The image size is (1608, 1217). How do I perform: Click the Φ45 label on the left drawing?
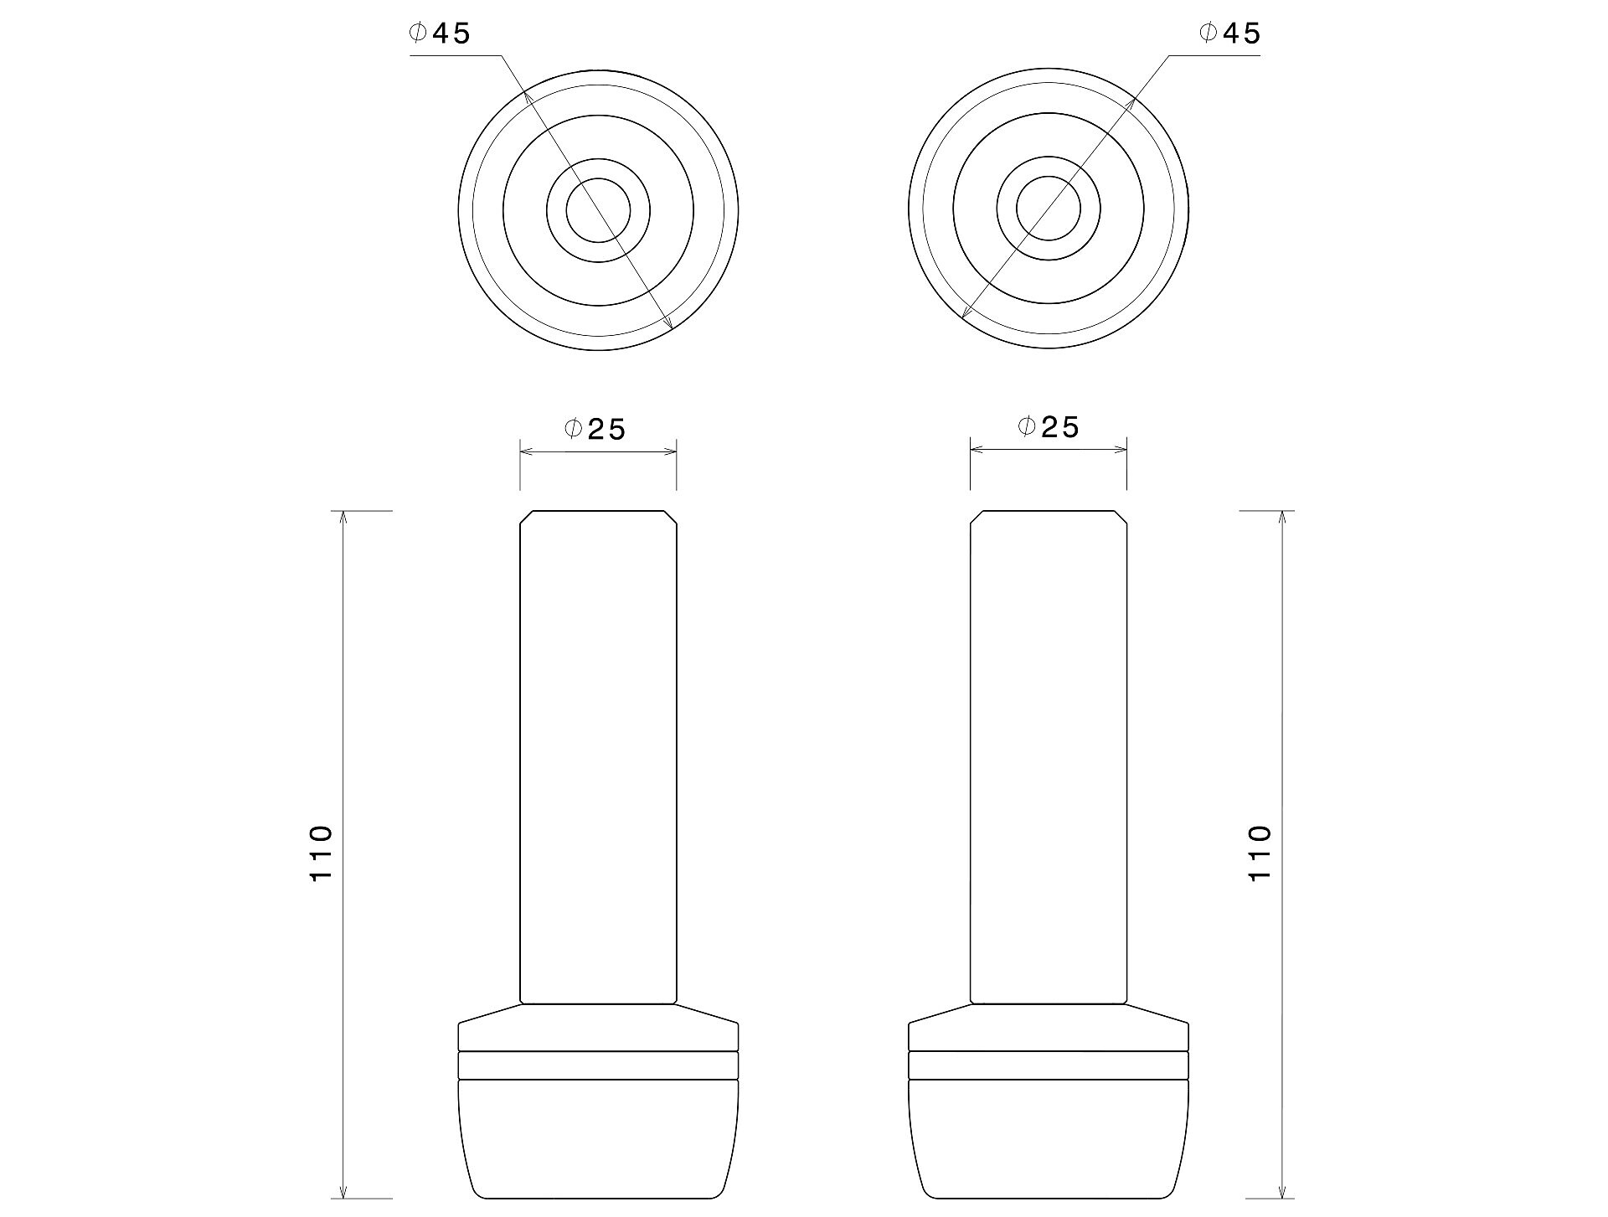pos(440,33)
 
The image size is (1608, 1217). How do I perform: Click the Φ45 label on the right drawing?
pos(1229,33)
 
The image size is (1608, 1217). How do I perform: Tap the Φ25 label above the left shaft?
pos(595,429)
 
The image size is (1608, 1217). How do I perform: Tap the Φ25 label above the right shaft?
pos(1049,427)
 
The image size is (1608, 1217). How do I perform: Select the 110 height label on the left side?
pos(322,853)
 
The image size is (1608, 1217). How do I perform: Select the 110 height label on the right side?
pos(1260,853)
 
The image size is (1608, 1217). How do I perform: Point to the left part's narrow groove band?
pos(598,1065)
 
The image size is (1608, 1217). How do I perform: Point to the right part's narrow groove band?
pos(1049,1065)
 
